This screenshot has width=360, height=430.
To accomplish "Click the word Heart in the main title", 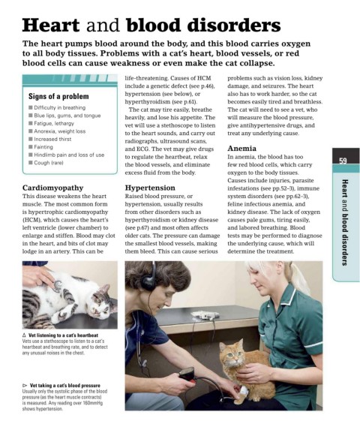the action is click(51, 26).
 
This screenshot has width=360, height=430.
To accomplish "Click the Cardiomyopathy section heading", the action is click(52, 188).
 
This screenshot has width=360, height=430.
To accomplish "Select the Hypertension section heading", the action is click(150, 188).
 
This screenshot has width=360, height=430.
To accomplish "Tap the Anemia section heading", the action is click(241, 149).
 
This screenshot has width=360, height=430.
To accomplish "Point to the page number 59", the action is click(343, 161).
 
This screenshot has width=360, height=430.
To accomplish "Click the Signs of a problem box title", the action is click(58, 96).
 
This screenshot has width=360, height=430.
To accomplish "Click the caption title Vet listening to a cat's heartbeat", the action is click(63, 335).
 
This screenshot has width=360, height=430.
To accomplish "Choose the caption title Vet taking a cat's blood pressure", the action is click(64, 385).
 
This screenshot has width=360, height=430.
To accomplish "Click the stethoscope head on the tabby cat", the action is click(57, 286).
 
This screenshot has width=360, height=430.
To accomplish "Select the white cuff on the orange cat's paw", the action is click(243, 389).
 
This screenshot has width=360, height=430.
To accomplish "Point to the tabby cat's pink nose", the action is click(94, 310).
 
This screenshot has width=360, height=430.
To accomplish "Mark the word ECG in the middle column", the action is click(142, 149).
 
